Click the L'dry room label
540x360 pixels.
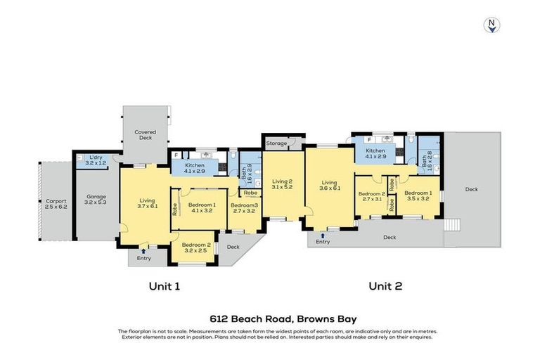[x=95, y=157]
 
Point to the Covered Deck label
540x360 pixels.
[x=146, y=131]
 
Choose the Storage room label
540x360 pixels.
[x=276, y=143]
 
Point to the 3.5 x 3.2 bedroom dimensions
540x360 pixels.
[x=418, y=198]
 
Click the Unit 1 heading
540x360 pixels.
[x=165, y=286]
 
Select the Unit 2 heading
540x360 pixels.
[x=385, y=286]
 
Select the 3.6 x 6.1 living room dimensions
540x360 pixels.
[x=329, y=188]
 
